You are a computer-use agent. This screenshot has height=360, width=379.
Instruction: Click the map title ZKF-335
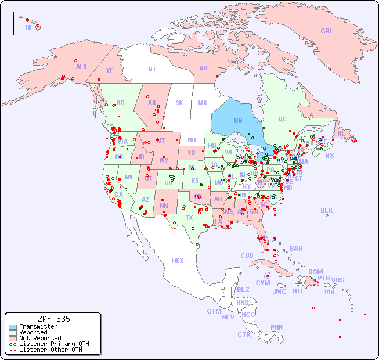(53, 319)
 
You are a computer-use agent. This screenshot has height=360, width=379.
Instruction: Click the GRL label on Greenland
(327, 31)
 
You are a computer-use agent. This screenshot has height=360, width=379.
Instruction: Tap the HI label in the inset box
(28, 27)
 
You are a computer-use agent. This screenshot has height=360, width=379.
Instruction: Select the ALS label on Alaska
(81, 67)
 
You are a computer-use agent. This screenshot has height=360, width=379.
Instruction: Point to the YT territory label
(109, 70)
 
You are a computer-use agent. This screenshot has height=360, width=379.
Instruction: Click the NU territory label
(203, 68)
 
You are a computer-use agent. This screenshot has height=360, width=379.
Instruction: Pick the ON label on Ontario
(238, 120)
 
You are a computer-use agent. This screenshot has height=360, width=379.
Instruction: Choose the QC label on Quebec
(282, 119)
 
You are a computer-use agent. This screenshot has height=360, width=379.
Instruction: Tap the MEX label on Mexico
(178, 261)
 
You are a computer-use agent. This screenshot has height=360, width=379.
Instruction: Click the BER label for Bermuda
(327, 210)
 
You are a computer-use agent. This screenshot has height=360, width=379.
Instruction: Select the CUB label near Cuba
(247, 255)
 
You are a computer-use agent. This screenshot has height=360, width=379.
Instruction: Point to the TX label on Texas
(189, 218)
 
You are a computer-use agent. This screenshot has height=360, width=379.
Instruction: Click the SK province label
(179, 103)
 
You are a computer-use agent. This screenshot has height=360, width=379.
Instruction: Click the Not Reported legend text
(40, 338)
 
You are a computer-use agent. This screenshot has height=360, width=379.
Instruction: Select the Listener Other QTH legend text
(50, 350)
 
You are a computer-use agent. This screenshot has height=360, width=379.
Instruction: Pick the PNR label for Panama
(277, 327)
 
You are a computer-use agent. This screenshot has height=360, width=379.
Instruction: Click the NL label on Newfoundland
(341, 134)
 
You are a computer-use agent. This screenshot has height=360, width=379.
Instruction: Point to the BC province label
(121, 103)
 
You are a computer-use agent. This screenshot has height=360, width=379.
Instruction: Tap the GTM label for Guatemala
(214, 311)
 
